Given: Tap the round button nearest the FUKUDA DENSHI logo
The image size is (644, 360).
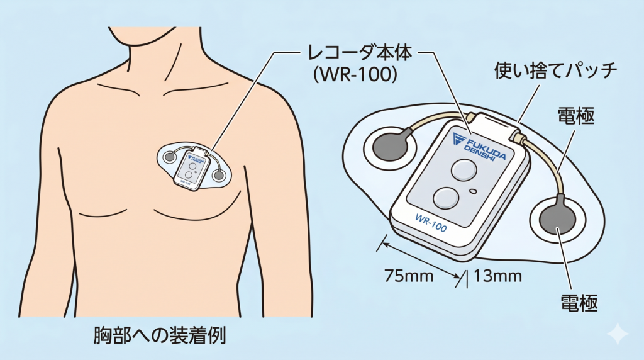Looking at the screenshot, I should click(464, 170).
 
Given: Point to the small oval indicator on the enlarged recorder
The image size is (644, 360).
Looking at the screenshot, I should click(473, 191).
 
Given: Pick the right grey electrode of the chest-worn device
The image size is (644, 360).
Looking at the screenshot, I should click(218, 175).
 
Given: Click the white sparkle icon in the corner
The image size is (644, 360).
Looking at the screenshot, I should click(619, 334).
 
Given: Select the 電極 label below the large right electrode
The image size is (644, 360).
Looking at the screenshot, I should click(577, 301).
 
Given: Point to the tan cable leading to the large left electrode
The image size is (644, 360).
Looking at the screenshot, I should click(434, 120).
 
